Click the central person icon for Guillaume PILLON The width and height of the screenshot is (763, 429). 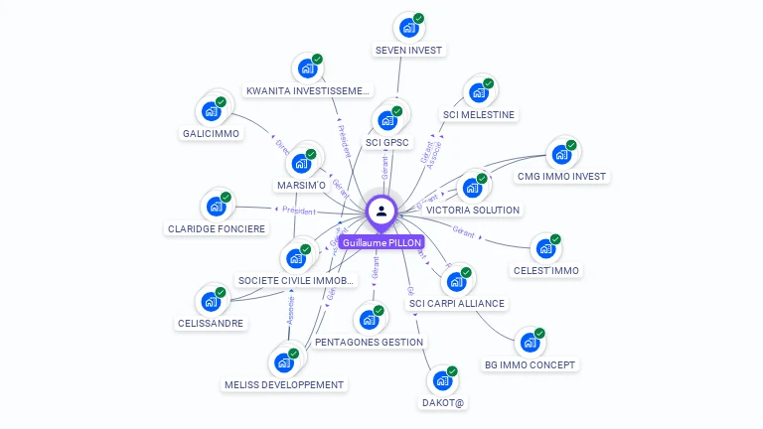381,211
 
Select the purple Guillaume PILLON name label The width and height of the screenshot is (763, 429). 381,242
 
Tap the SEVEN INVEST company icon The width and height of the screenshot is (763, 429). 407,28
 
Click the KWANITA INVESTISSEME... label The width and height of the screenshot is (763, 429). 307,90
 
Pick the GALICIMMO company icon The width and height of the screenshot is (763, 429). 211,110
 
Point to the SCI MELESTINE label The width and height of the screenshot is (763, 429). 478,114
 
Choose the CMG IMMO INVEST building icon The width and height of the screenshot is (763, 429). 561,154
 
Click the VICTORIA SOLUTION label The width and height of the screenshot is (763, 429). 473,211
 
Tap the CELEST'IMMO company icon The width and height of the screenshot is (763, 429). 545,248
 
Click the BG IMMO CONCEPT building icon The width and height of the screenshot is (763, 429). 529,343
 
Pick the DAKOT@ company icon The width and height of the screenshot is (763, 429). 442,380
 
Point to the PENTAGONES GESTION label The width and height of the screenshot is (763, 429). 370,342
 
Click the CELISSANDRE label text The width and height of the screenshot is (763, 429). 211,323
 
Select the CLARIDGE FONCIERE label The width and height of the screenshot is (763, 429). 217,228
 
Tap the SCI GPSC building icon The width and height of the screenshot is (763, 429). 386,120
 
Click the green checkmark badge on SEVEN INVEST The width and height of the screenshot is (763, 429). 419,19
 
